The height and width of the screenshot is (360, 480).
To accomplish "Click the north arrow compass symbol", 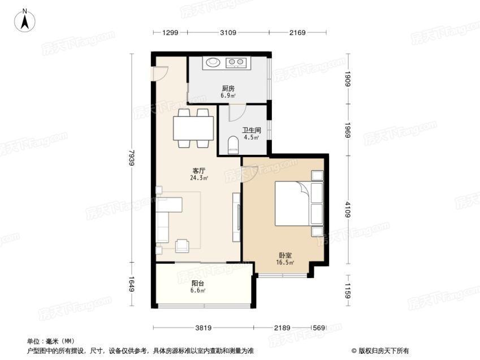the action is [25, 20].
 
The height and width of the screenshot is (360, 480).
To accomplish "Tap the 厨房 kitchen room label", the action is [228, 89].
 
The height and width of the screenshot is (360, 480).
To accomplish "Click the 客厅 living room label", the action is [198, 171].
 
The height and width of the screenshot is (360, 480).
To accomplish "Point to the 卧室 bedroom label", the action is [285, 255].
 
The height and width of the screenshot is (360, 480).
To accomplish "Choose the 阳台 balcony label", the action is [198, 284].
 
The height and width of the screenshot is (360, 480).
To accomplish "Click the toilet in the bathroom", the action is [233, 145].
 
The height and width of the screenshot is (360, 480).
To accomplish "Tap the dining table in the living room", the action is [193, 128].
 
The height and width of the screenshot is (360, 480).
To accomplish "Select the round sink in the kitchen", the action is [213, 62].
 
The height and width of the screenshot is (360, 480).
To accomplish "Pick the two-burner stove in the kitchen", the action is [236, 63].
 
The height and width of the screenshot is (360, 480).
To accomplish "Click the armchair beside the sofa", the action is [182, 246].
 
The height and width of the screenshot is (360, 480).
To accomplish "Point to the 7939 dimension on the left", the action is [132, 158].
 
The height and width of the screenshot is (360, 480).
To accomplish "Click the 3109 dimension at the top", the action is [228, 32].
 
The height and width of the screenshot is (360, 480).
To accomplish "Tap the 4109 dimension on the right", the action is [348, 209].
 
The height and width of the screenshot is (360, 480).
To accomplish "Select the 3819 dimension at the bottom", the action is [204, 328].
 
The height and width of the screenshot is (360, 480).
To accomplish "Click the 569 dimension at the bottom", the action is [319, 328].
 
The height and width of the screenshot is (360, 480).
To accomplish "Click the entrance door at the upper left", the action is [159, 73].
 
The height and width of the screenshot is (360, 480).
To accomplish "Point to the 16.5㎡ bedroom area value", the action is [285, 262].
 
